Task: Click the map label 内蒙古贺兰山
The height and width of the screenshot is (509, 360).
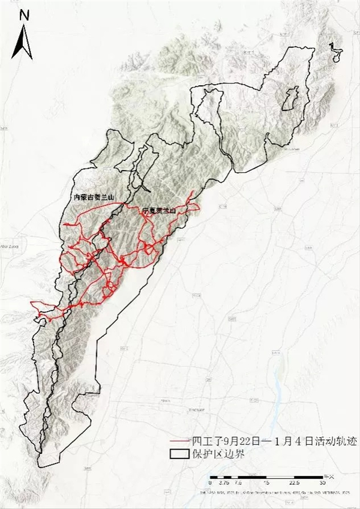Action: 93,197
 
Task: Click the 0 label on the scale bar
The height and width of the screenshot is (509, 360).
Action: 210,482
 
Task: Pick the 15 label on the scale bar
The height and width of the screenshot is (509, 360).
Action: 266,482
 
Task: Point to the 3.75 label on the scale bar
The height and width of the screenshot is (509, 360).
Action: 224,482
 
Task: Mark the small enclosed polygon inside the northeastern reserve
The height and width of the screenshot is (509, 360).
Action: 291,99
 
